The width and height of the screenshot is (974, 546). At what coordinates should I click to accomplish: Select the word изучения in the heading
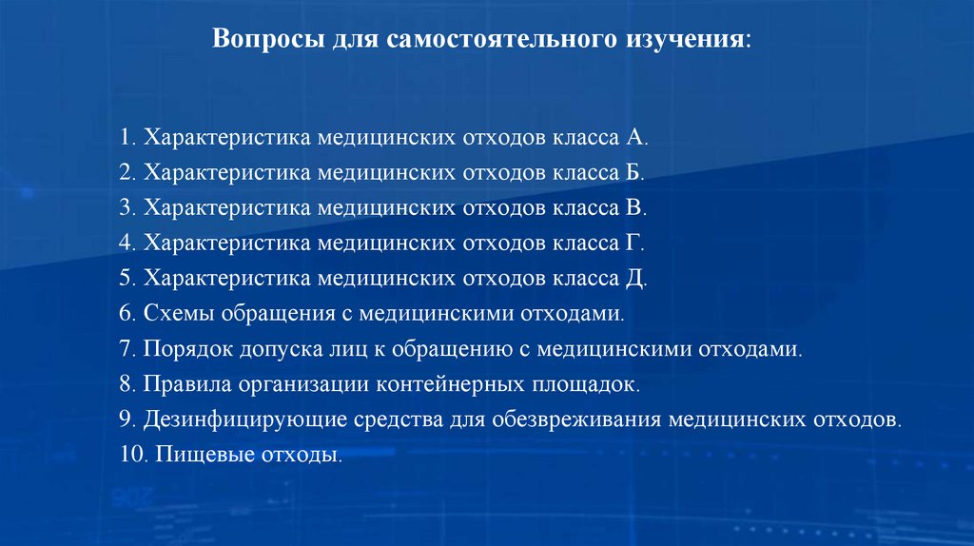click(684, 42)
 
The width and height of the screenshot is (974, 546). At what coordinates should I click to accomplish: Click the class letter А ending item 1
click(635, 138)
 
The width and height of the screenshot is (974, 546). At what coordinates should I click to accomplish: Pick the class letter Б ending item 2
click(634, 173)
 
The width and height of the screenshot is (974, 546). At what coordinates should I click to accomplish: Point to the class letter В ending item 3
click(634, 208)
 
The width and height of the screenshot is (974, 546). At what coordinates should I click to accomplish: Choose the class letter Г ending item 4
click(633, 244)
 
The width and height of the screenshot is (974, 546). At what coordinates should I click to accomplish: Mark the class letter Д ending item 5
click(635, 279)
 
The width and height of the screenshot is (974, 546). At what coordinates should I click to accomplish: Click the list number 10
click(130, 455)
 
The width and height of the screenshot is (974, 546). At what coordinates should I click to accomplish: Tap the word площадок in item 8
click(595, 384)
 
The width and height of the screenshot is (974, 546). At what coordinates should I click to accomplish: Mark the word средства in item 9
click(380, 419)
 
